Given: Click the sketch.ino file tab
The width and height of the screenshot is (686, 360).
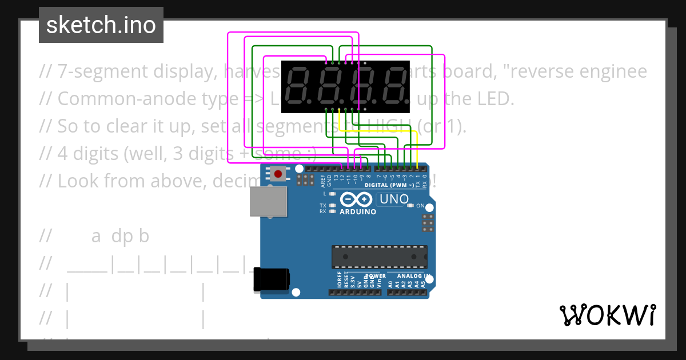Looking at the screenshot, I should coord(101,25).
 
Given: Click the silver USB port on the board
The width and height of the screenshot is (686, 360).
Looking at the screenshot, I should coord(268,202).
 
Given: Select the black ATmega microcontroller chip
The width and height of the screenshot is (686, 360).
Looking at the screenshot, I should coord(380,255).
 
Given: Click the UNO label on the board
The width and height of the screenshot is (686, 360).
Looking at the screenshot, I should coord(393,199).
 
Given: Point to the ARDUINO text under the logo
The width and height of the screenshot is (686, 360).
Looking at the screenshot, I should coord(358,212).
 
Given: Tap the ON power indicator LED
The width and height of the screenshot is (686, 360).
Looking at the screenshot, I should coord(410,206).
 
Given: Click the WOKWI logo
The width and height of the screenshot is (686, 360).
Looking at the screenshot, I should coord(607,315).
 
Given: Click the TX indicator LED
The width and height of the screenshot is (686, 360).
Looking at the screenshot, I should coord(332,205).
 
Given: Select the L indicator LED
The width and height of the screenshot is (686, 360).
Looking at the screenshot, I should coord(332,194).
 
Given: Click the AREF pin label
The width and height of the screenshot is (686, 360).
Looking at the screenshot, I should coord(323,182).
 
